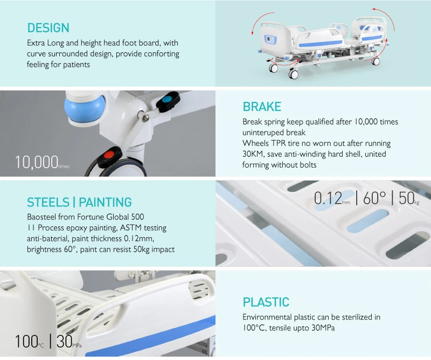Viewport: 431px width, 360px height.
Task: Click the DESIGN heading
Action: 48,27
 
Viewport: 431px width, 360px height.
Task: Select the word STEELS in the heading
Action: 48,203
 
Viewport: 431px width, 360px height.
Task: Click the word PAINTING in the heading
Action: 105,203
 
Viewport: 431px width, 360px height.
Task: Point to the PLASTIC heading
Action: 266,302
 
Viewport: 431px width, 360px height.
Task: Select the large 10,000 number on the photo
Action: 36,162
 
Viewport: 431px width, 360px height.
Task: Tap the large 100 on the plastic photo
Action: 25,341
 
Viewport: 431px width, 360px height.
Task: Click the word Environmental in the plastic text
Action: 267,317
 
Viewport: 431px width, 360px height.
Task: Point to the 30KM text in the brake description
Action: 254,154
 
